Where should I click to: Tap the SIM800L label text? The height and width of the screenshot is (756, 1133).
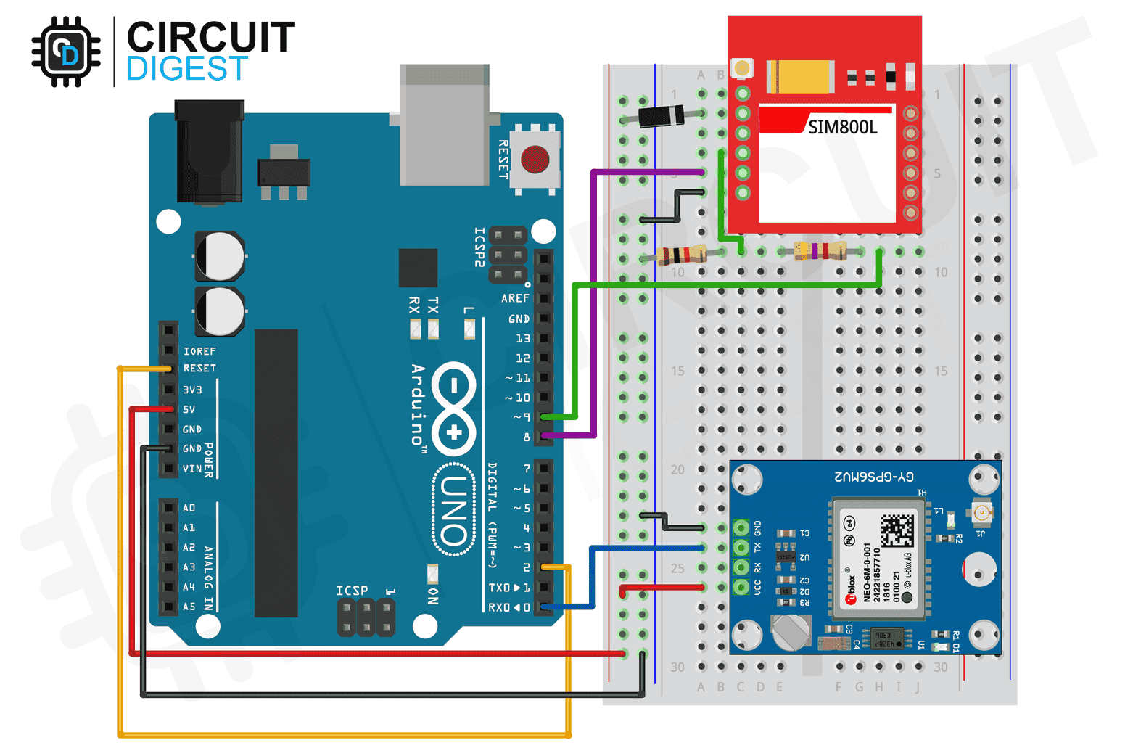842,128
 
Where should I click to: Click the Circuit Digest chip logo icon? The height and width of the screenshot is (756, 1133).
66,52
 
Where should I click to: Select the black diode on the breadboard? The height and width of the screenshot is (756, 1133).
661,115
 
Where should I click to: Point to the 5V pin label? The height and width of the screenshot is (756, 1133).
189,409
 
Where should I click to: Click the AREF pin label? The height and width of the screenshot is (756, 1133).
515,298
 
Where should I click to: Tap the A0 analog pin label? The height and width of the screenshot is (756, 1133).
189,508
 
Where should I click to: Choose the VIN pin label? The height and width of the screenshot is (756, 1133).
192,469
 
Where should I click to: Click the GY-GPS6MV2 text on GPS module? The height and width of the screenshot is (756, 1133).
874,477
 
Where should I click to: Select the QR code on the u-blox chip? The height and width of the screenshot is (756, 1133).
897,531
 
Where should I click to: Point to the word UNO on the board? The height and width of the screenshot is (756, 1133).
453,510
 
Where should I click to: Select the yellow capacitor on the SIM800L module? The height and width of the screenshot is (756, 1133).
801,76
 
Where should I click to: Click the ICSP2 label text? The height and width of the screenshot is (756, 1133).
479,247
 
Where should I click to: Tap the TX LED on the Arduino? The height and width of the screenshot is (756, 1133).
433,329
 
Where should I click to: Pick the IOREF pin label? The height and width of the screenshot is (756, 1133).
199,351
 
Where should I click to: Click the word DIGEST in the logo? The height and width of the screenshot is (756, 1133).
187,70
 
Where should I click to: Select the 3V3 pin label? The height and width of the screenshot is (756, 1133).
192,390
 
